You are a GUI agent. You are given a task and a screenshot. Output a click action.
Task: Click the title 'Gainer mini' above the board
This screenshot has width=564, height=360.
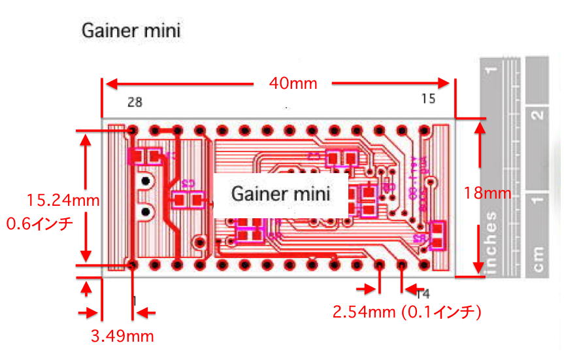coord(131,30)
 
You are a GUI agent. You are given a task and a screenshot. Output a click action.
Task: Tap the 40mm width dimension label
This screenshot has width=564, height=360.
coord(293,83)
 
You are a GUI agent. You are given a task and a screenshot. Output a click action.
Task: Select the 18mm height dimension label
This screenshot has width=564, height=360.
coord(487,193)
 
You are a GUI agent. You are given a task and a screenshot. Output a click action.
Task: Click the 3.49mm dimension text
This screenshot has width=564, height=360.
coord(122,336)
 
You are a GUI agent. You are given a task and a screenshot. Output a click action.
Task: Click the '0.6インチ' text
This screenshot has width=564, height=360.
coord(39,223)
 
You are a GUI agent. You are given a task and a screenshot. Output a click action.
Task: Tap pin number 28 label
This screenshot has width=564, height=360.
coord(135,102)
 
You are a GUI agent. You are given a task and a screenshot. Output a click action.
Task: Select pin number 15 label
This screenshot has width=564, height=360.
coord(428,99)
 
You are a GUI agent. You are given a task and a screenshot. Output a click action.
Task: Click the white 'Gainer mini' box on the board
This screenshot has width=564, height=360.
coord(280,193)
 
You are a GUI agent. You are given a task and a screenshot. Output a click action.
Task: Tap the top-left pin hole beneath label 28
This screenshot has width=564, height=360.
coord(133,129)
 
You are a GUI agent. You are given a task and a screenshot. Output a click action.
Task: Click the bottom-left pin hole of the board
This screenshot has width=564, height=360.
coord(133,265)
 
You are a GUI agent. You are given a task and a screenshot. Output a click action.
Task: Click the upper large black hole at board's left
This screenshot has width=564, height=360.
coord(146,180)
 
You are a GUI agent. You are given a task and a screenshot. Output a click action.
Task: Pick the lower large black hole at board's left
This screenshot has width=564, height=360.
coord(146,211)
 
